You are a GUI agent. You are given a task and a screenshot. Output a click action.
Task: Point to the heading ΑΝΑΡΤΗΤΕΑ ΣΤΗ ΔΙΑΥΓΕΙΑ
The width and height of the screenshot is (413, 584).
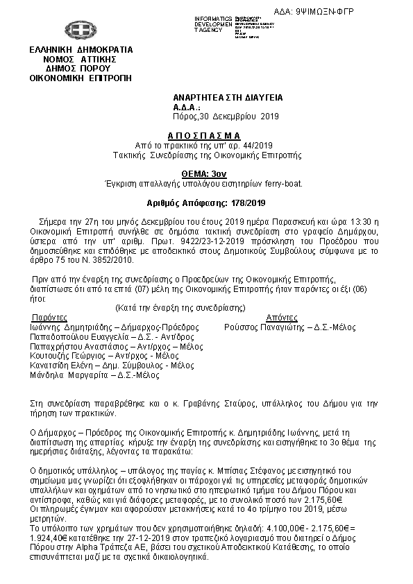coord(228,98)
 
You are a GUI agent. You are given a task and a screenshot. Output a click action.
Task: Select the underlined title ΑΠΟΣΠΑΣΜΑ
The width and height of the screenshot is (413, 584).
coord(204,135)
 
